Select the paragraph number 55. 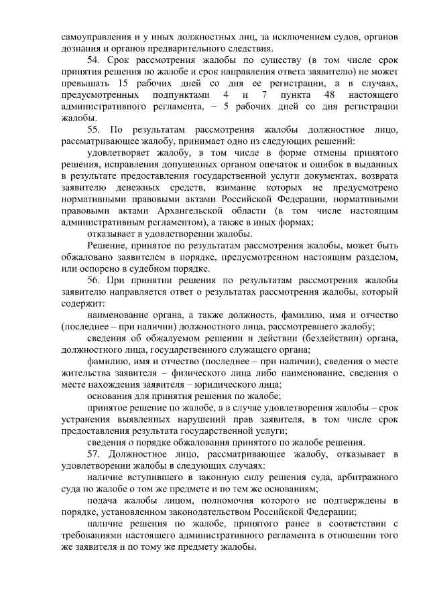(94, 129)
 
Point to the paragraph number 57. (94, 455)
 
